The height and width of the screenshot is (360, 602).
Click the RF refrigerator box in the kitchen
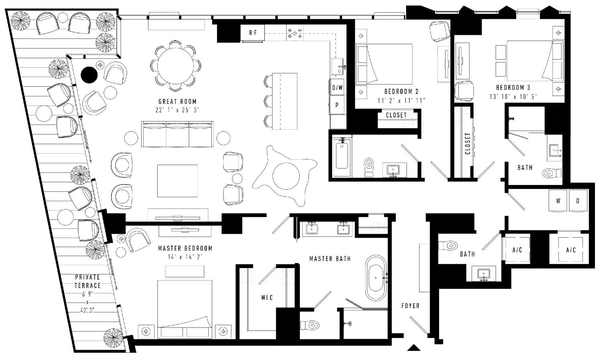point(252,33)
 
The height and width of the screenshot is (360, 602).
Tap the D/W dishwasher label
point(337,87)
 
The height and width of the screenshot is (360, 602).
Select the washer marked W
point(558,201)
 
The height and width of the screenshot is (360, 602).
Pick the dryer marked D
point(578,201)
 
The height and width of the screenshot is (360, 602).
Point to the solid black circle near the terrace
point(89,75)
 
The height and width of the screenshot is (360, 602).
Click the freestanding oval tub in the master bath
point(376,278)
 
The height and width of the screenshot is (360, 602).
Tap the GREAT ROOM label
point(177,102)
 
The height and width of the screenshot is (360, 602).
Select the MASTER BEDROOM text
point(185,248)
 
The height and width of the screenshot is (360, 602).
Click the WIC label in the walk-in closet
point(267,298)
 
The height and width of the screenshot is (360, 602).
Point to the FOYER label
point(411,306)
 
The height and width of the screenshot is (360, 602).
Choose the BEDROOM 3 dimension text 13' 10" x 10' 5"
point(513,97)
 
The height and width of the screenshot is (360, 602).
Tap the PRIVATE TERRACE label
point(87,281)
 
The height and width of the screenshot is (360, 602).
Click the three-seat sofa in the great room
point(177,134)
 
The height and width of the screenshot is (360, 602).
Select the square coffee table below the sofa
point(177,181)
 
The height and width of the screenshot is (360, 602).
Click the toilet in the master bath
point(309,325)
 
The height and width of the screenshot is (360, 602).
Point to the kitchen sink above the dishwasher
point(338,67)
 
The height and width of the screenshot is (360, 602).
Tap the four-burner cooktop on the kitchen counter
point(295,33)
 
